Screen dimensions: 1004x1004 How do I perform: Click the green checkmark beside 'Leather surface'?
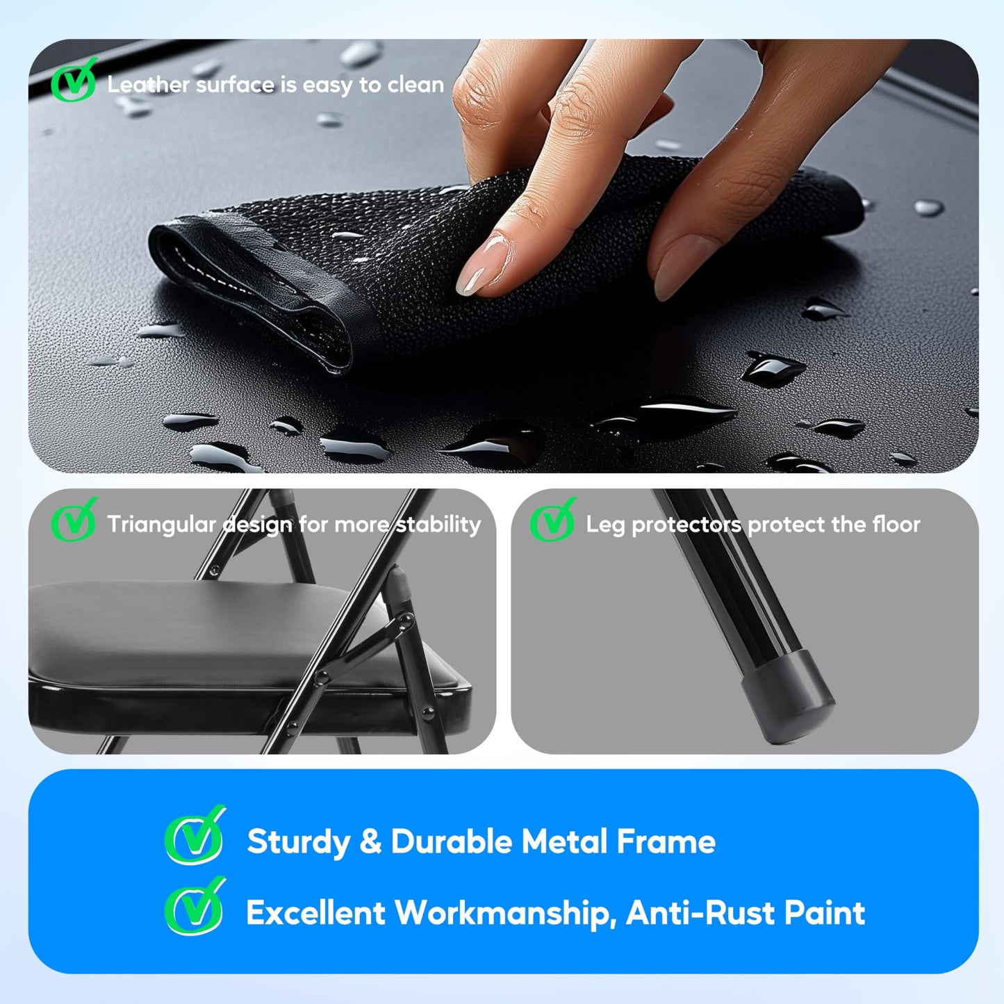[74, 80]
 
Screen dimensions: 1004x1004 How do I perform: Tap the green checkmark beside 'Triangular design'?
[74, 520]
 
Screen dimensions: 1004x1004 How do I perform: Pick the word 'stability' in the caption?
[438, 525]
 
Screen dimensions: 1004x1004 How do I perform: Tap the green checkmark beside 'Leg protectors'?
[553, 520]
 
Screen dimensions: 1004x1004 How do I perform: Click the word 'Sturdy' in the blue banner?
[299, 842]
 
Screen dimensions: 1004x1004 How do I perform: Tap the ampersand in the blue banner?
[370, 841]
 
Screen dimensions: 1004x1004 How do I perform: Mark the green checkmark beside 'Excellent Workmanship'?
[195, 906]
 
